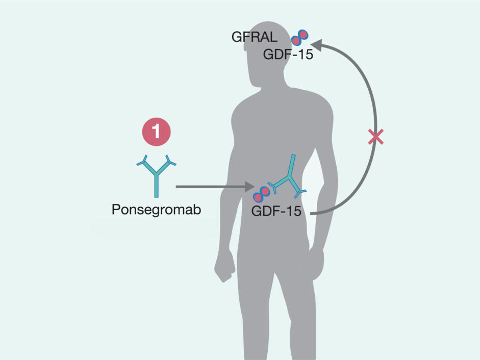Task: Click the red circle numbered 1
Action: [156, 132]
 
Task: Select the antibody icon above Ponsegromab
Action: [156, 175]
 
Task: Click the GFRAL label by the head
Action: [254, 37]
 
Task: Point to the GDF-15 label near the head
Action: [288, 54]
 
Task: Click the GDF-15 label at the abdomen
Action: [276, 211]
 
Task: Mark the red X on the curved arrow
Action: [376, 136]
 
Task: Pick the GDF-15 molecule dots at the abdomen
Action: [263, 192]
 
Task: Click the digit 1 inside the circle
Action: [156, 132]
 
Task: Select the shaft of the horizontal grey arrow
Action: [209, 187]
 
